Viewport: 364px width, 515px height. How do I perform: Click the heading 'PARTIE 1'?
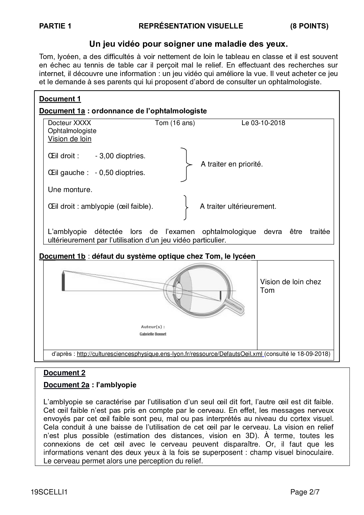[55, 26]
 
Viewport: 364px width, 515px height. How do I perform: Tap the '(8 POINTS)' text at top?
[309, 26]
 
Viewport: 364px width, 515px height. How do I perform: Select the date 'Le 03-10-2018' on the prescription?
[263, 123]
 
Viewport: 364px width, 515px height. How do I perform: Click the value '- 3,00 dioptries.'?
[120, 156]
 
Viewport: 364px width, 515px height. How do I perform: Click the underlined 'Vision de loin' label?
[70, 139]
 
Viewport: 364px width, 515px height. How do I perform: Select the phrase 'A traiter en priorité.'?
[232, 164]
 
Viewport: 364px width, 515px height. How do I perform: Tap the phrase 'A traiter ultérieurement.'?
[238, 206]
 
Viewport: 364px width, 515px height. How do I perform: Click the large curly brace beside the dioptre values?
[185, 165]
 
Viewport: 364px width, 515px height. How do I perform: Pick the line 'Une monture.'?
[70, 190]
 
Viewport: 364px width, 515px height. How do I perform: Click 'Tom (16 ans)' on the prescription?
[175, 123]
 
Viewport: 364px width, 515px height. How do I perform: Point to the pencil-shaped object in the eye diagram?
[63, 281]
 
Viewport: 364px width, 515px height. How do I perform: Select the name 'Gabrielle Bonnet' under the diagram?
[153, 334]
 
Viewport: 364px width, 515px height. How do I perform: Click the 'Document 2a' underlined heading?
[66, 385]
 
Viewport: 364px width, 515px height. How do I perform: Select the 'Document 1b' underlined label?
[62, 256]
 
